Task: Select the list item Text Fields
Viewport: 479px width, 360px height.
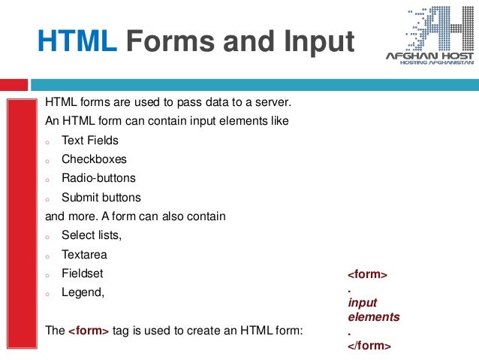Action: pyautogui.click(x=89, y=141)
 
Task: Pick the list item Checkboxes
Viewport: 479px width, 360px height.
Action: pyautogui.click(x=94, y=159)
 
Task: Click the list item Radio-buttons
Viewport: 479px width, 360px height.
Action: pyautogui.click(x=98, y=179)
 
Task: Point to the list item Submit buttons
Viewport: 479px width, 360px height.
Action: pyautogui.click(x=101, y=198)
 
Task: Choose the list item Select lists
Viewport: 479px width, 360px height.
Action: pyautogui.click(x=91, y=236)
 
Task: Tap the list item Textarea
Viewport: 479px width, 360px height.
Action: pyautogui.click(x=84, y=255)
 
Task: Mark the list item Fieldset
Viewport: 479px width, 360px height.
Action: pyautogui.click(x=83, y=274)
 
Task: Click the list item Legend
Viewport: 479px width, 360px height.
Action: pyautogui.click(x=83, y=293)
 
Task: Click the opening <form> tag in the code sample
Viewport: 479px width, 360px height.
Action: pyautogui.click(x=367, y=275)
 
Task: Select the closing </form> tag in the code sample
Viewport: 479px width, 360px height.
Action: pyautogui.click(x=369, y=346)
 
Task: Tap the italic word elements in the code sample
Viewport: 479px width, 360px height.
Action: pyautogui.click(x=373, y=317)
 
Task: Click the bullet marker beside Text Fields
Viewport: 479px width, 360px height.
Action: pyautogui.click(x=47, y=141)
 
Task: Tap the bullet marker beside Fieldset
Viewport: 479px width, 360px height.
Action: pyautogui.click(x=47, y=275)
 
